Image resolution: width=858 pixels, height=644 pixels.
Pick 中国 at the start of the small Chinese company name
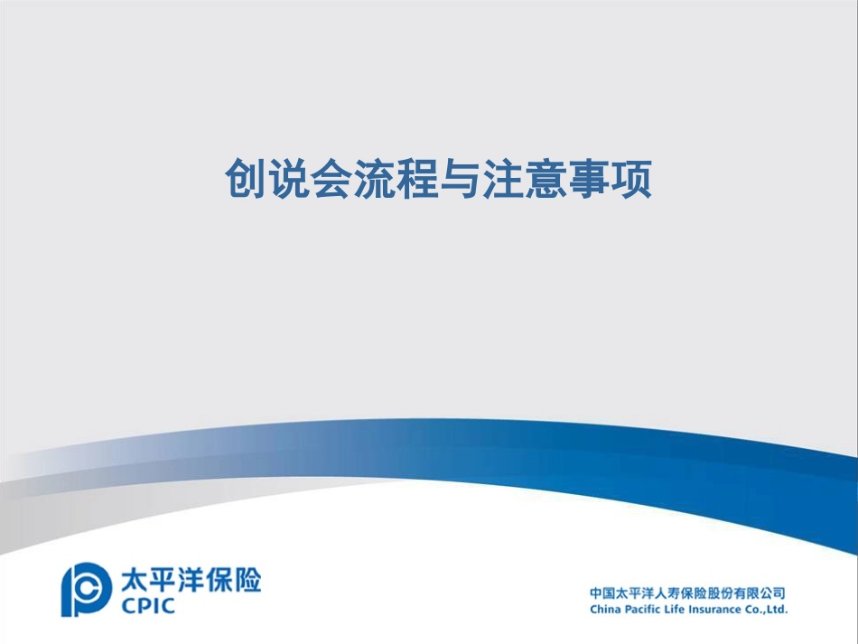tap(602, 593)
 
